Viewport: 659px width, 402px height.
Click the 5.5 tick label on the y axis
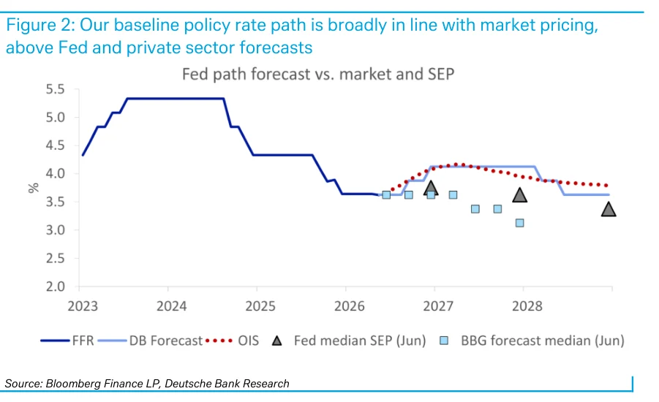point(55,89)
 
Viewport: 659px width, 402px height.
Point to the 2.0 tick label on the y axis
point(55,287)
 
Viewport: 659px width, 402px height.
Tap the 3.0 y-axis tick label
point(55,230)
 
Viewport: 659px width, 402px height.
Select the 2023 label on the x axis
point(83,306)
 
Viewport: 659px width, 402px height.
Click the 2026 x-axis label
point(350,306)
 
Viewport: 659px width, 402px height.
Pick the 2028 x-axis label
point(527,306)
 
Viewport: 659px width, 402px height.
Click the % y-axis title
point(33,188)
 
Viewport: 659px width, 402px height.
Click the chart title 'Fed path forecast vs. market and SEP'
point(318,75)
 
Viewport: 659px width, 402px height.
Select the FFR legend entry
point(67,341)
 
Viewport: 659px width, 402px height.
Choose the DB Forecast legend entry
point(151,341)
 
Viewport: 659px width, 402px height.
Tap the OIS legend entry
point(232,341)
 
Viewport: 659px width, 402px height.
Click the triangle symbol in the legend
point(276,341)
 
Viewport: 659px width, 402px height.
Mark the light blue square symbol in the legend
point(444,341)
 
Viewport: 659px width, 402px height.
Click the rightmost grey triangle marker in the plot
point(609,209)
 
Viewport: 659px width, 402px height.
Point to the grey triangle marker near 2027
point(431,188)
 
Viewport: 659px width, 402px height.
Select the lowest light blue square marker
point(519,223)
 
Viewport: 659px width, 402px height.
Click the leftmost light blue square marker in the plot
point(386,195)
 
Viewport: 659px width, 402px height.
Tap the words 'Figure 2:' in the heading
point(40,25)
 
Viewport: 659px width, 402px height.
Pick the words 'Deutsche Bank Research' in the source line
point(227,384)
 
